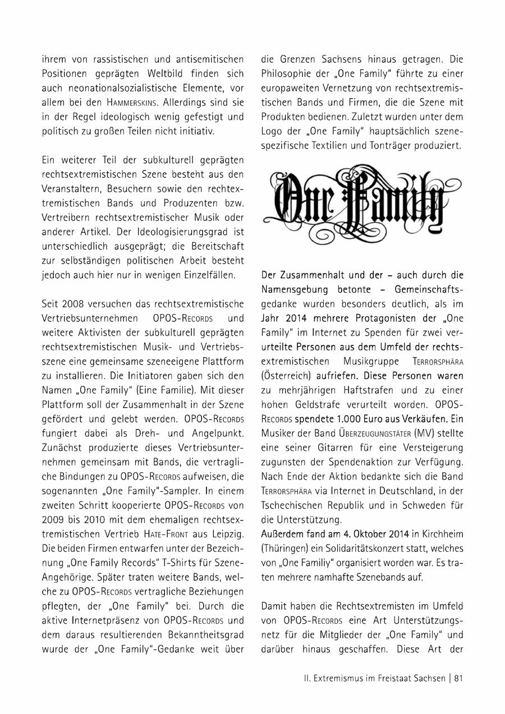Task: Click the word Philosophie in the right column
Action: [x=287, y=73]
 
